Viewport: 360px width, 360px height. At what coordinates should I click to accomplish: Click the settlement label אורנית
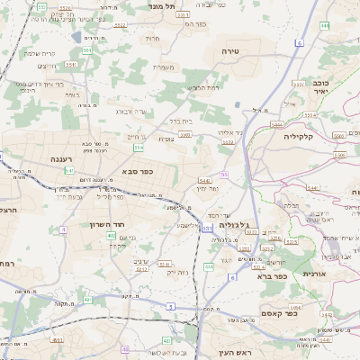point(319,273)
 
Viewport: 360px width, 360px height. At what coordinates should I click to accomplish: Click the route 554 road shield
point(138,147)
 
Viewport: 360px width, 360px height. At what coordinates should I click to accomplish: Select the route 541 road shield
point(70,170)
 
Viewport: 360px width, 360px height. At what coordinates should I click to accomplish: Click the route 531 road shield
point(207,229)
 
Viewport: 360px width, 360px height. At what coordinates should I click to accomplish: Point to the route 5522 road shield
point(119,25)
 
